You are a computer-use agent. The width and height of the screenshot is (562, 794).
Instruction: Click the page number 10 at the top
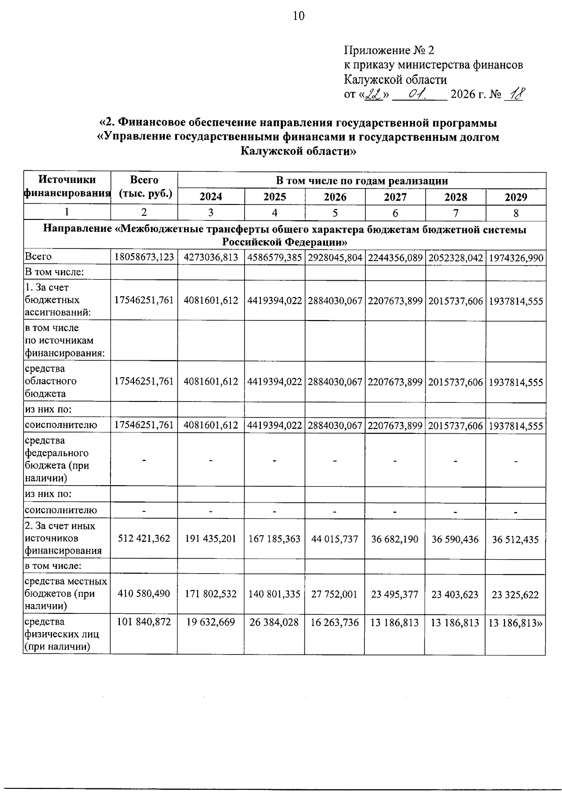(298, 16)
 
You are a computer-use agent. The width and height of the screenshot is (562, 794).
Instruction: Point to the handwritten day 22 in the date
(374, 95)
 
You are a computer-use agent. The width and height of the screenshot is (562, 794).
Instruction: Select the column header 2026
(335, 197)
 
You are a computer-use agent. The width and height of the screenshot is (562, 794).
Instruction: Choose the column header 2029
(516, 197)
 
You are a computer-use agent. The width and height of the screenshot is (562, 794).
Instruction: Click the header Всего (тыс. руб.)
(144, 187)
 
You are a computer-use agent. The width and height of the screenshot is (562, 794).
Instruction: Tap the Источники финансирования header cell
(67, 187)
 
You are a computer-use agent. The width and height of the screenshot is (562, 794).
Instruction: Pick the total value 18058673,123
(144, 257)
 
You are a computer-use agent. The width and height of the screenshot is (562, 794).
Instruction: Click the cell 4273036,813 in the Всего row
(211, 257)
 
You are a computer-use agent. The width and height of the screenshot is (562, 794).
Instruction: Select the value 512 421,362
(144, 539)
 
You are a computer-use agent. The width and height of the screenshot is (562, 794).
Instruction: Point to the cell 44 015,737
(335, 539)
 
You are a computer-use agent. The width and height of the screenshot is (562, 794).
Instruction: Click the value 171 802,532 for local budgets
(211, 594)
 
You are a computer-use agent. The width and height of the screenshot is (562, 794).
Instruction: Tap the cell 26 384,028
(274, 622)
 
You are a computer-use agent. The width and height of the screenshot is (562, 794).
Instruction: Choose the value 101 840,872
(144, 622)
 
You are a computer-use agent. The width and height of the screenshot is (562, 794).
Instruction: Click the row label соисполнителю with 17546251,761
(61, 425)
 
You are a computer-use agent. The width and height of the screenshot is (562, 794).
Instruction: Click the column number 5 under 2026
(335, 213)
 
